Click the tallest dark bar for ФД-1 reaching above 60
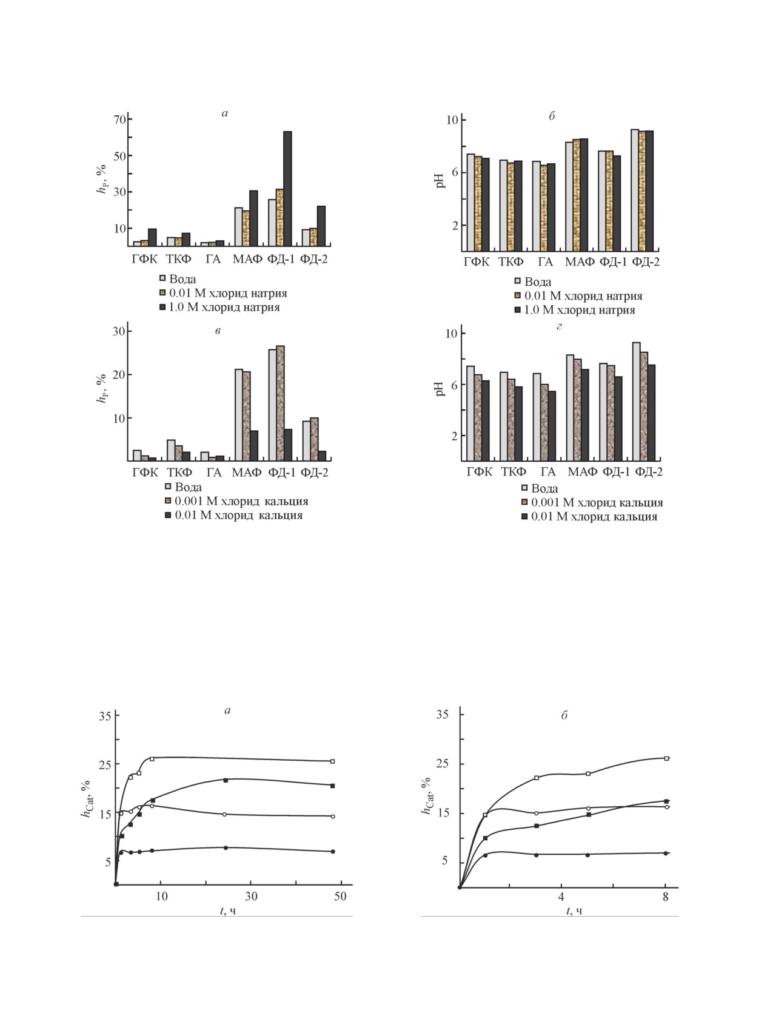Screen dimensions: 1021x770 pos(287,188)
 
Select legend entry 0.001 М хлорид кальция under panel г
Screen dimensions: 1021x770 pos(597,503)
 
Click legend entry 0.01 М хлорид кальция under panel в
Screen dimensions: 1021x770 pos(238,516)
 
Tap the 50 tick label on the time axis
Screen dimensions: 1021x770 pos(340,897)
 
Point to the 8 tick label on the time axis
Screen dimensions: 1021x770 pos(666,897)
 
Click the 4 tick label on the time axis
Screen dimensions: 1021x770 pos(561,897)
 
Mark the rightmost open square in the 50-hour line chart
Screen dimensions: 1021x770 pos(332,761)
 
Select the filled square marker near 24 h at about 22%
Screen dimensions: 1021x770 pos(226,780)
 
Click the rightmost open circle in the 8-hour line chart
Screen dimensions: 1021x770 pos(666,807)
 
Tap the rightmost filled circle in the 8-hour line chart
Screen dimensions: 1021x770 pos(666,853)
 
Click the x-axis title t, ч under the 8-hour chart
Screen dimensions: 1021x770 pos(574,911)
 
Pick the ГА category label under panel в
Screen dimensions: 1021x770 pos(213,473)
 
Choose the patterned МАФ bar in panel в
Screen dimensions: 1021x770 pos(246,416)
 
